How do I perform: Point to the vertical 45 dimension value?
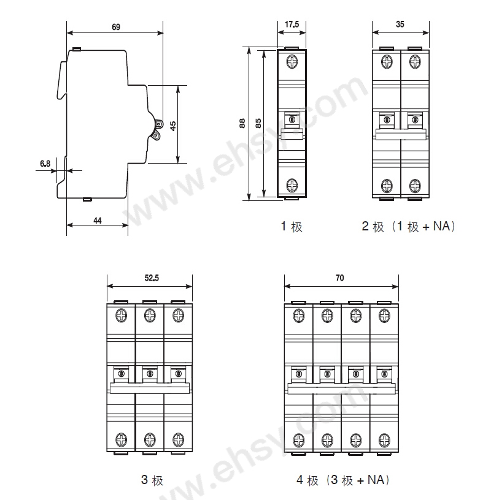pyautogui.click(x=172, y=125)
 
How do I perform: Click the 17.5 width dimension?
pyautogui.click(x=292, y=25)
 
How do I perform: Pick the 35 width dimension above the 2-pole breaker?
pyautogui.click(x=400, y=25)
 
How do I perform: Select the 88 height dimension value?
pyautogui.click(x=242, y=124)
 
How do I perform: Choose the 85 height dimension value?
pyautogui.click(x=258, y=124)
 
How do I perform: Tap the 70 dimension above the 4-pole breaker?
pyautogui.click(x=340, y=278)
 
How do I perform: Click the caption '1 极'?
pyautogui.click(x=292, y=227)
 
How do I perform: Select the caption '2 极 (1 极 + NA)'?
pyautogui.click(x=408, y=227)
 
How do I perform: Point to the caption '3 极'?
pyautogui.click(x=152, y=480)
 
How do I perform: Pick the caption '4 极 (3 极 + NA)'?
pyautogui.click(x=343, y=480)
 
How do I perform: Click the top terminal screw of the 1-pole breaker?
pyautogui.click(x=292, y=62)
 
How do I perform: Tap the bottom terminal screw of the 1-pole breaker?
pyautogui.click(x=292, y=184)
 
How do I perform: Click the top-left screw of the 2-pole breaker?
pyautogui.click(x=387, y=62)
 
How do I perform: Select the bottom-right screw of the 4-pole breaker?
pyautogui.click(x=384, y=439)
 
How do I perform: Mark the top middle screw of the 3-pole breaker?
pyautogui.click(x=149, y=316)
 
